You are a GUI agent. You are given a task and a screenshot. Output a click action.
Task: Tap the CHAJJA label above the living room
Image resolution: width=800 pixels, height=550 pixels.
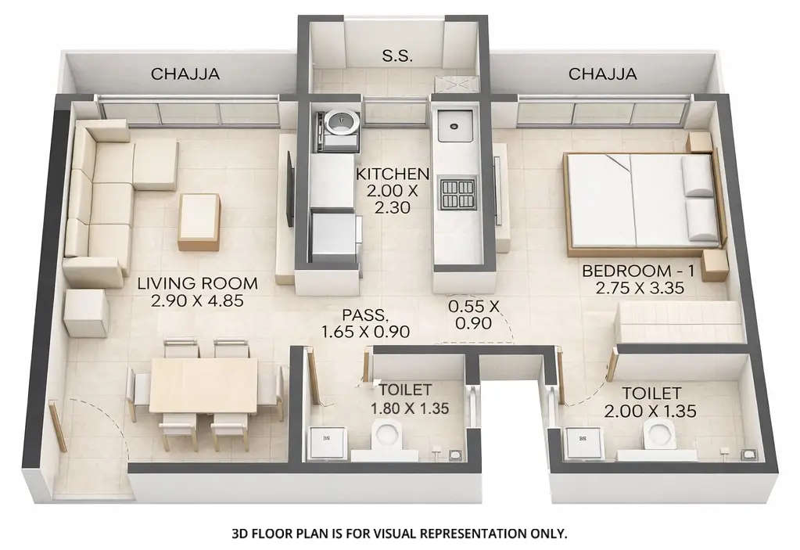[x=185, y=74]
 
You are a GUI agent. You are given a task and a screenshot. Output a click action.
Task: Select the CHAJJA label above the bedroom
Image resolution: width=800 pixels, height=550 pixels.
[x=602, y=74]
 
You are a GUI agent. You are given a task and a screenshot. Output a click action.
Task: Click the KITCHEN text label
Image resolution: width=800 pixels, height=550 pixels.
[x=392, y=174]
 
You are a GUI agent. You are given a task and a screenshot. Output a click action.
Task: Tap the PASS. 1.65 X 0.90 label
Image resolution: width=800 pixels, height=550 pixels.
[x=365, y=324]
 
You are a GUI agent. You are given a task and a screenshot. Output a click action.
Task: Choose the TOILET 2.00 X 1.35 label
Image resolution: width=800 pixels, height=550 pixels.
[x=651, y=401]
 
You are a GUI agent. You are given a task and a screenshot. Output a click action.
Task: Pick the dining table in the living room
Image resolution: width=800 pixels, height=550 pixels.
[x=204, y=386]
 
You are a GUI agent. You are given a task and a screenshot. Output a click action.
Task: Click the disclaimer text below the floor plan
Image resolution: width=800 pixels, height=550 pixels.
[x=399, y=534]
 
